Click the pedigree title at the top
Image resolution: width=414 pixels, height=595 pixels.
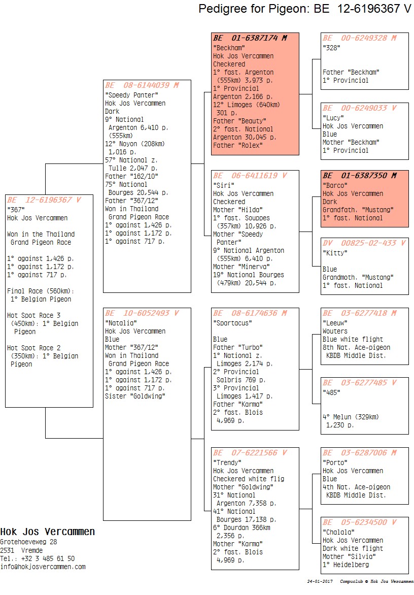[x=305, y=8]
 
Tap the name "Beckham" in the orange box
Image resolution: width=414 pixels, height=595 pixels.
[x=229, y=48]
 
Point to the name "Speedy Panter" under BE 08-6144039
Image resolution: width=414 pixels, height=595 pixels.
[x=131, y=95]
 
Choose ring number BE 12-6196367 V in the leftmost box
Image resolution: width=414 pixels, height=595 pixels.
[x=44, y=200]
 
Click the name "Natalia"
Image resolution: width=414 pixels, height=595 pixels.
[x=121, y=323]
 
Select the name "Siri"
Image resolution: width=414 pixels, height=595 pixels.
[x=224, y=185]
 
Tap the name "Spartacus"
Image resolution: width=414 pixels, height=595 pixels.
[x=232, y=323]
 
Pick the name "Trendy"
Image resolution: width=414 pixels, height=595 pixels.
[x=227, y=462]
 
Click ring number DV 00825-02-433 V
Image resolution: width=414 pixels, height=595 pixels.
[x=364, y=243]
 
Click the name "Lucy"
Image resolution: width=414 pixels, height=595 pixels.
[x=333, y=118]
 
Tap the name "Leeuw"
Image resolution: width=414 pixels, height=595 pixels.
[x=335, y=323]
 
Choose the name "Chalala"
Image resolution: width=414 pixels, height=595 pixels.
[x=338, y=532]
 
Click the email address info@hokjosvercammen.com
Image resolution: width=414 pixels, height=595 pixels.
[x=43, y=567]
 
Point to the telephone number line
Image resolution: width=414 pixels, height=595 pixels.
[x=38, y=558]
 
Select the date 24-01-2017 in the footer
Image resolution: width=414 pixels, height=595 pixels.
[x=320, y=581]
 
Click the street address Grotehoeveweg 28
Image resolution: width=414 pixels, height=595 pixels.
[x=28, y=542]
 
